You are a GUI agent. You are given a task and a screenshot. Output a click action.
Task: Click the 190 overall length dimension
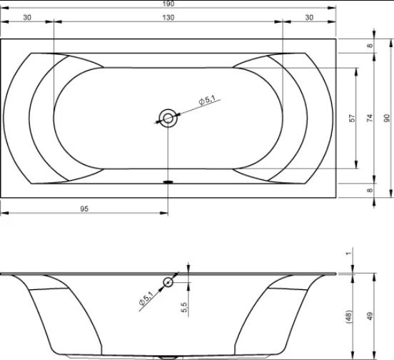[168, 4]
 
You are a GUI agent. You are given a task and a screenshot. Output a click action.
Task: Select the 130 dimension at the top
[168, 17]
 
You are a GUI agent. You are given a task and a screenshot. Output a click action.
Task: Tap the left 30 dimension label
[27, 17]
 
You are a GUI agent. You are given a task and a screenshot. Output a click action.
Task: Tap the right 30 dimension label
[309, 17]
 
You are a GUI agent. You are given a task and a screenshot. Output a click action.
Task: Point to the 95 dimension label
[84, 209]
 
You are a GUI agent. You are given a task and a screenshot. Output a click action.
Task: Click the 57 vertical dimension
[353, 118]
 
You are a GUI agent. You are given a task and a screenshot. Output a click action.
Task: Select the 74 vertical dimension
[370, 118]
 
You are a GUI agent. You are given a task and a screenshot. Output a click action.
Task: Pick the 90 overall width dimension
[387, 118]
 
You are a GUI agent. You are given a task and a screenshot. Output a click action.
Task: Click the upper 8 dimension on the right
[370, 46]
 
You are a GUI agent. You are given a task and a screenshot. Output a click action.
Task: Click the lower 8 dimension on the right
[370, 190]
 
